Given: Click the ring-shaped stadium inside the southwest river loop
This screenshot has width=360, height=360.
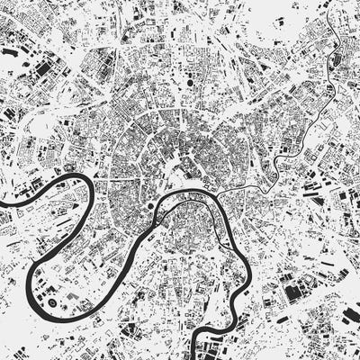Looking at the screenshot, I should [52, 306].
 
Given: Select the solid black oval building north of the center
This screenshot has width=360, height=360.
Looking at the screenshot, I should [193, 82].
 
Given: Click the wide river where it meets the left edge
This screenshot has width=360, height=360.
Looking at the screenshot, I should [3, 206].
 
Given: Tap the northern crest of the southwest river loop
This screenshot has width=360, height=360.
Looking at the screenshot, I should [72, 177].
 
